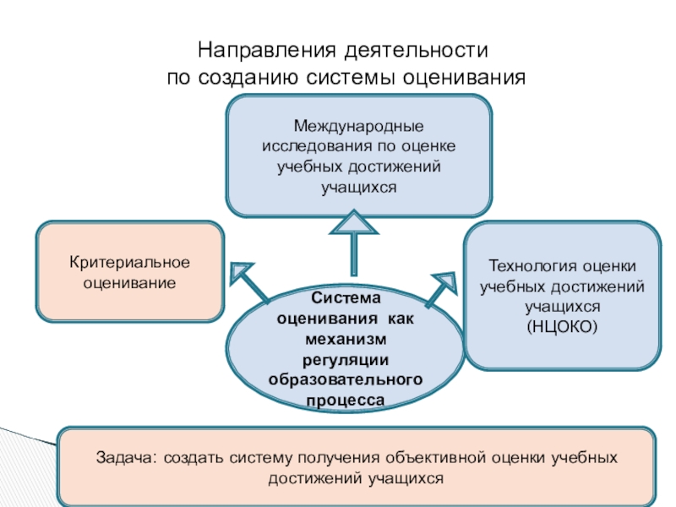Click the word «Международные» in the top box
tap(358, 127)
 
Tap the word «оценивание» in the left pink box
tap(129, 283)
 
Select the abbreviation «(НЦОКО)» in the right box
tap(562, 325)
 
